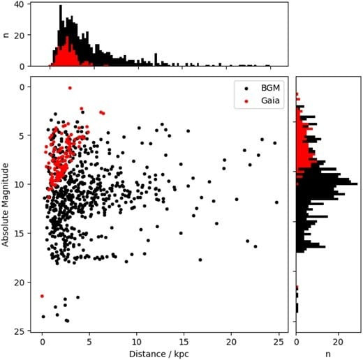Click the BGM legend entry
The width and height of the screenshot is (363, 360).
pos(262,88)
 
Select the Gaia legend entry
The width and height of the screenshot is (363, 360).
pos(262,100)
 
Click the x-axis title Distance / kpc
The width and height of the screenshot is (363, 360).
pos(159,354)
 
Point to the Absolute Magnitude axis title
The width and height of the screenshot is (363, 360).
pos(5,204)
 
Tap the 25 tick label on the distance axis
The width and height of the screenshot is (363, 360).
pos(279,342)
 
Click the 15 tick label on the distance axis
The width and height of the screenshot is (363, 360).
pos(184,342)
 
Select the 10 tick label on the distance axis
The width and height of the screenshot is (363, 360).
pos(137,342)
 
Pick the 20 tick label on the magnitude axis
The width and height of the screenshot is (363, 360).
pos(20,283)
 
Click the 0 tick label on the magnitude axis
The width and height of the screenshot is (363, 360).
pos(22,87)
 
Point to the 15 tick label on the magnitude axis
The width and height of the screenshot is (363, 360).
pos(20,234)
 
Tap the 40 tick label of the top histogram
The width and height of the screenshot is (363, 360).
pos(20,5)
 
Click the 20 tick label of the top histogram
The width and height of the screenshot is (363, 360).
pos(20,36)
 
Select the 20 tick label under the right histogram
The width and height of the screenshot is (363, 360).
pos(338,342)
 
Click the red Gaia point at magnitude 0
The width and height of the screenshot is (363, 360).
pos(70,88)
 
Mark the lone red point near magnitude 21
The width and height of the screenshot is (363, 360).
pos(42,296)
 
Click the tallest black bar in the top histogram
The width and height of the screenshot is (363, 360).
pos(61,36)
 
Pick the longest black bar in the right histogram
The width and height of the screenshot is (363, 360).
pos(327,183)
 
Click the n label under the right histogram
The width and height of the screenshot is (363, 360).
pos(327,354)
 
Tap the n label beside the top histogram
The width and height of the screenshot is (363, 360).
pos(6,35)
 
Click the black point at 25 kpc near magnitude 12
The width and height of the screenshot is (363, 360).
pos(276,202)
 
